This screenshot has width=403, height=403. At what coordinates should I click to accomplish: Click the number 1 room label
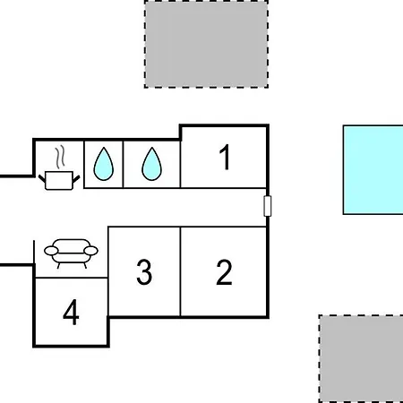pyautogui.click(x=225, y=157)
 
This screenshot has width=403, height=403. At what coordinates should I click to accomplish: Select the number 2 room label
pyautogui.click(x=224, y=272)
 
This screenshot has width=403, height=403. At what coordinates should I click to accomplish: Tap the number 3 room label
pyautogui.click(x=144, y=272)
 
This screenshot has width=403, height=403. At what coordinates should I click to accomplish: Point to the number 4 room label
pyautogui.click(x=71, y=313)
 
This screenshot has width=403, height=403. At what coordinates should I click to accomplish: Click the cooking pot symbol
pyautogui.click(x=59, y=180)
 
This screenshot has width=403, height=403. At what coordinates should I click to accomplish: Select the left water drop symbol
pyautogui.click(x=104, y=164)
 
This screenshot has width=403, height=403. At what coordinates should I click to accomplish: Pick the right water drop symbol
pyautogui.click(x=151, y=164)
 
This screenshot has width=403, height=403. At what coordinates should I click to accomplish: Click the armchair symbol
pyautogui.click(x=71, y=253)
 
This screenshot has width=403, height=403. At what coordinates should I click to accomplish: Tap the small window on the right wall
pyautogui.click(x=268, y=206)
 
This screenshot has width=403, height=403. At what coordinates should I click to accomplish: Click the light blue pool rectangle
pyautogui.click(x=373, y=170)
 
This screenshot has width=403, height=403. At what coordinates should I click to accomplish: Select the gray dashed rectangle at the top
pyautogui.click(x=206, y=44)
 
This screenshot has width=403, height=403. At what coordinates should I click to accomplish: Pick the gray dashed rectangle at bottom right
pyautogui.click(x=361, y=358)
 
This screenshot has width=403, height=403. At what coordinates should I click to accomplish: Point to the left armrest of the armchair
pyautogui.click(x=51, y=251)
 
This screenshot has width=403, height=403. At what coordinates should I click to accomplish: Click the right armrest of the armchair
pyautogui.click(x=90, y=251)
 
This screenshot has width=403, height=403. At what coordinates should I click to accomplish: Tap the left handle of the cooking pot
pyautogui.click(x=42, y=179)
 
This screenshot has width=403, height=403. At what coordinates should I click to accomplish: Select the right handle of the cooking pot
pyautogui.click(x=76, y=179)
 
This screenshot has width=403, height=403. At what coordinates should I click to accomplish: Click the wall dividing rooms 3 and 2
pyautogui.click(x=180, y=271)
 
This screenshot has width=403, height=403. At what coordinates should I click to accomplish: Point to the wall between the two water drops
pyautogui.click(x=123, y=164)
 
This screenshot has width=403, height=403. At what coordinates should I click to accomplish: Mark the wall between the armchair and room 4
pyautogui.click(x=72, y=278)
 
